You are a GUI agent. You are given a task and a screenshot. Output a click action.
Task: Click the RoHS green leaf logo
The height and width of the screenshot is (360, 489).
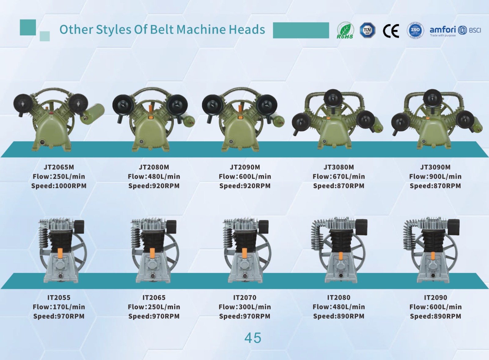(x=345, y=30)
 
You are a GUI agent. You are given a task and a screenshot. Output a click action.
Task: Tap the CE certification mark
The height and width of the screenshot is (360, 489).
(x=391, y=31)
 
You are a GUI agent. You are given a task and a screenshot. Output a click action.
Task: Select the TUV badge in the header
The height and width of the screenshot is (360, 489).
(x=367, y=30)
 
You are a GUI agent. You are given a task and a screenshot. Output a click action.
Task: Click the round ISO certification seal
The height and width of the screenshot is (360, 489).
(x=415, y=31)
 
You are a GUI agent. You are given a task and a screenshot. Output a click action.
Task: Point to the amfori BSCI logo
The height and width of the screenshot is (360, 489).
(x=455, y=31)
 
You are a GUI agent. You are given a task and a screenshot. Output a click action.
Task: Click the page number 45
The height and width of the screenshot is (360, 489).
(x=253, y=338)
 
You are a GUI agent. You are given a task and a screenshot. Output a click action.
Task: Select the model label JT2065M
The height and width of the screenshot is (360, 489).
(x=59, y=167)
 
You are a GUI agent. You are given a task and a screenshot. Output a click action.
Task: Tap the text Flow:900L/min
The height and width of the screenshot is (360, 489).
(x=435, y=176)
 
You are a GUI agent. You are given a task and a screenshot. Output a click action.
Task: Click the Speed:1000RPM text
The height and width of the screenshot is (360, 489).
(x=59, y=186)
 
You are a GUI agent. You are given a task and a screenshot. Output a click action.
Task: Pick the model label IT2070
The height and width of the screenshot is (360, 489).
(x=245, y=297)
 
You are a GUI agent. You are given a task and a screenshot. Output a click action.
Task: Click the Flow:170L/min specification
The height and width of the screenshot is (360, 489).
(x=59, y=307)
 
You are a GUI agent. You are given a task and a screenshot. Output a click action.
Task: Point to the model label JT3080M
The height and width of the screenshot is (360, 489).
(x=339, y=167)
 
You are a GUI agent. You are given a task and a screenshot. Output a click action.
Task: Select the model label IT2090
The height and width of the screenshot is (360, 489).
(x=436, y=297)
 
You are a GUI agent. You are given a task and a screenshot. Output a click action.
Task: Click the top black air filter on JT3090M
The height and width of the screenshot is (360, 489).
(x=432, y=98)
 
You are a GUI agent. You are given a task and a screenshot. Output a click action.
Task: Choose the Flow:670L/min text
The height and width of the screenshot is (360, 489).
(x=339, y=176)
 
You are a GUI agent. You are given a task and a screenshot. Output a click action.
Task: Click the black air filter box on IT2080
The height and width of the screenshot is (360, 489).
(x=361, y=227)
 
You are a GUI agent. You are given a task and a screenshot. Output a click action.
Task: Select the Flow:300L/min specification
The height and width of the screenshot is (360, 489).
(x=245, y=307)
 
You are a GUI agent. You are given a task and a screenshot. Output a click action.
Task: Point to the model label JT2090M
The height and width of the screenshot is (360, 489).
(x=245, y=167)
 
